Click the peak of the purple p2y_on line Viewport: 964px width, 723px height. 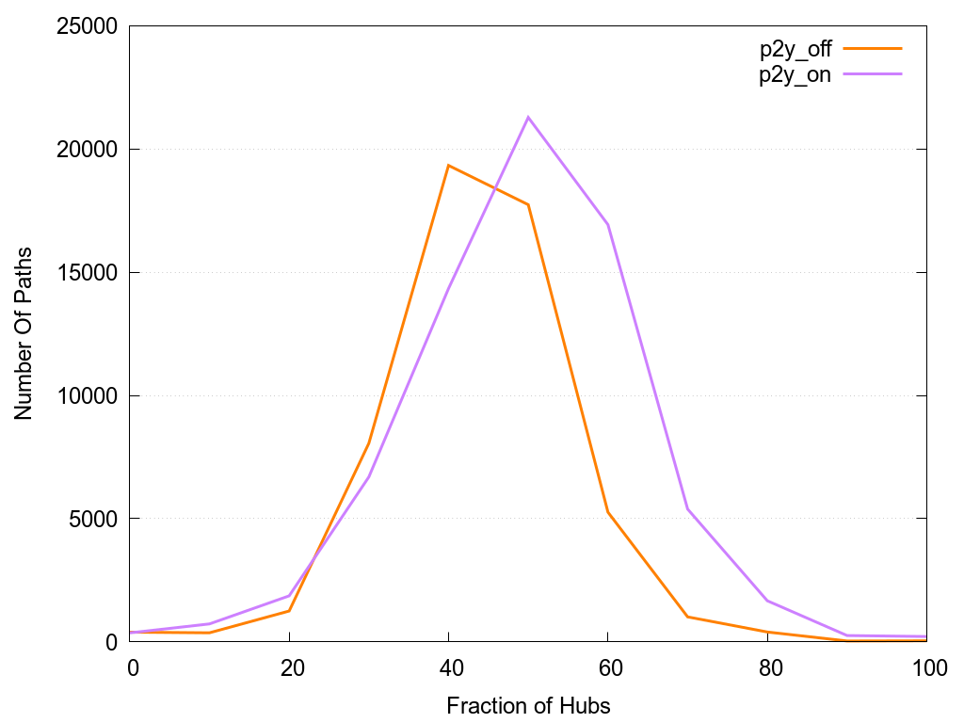[x=528, y=117]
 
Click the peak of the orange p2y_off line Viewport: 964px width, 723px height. [x=449, y=166]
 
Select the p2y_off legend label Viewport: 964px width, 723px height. [x=795, y=50]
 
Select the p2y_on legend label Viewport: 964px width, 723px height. [x=795, y=74]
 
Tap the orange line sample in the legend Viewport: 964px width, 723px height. [x=873, y=48]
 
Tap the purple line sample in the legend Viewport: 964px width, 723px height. [x=873, y=72]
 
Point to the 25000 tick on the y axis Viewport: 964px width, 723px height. [x=90, y=26]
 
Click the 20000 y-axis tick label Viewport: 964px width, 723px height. [x=90, y=150]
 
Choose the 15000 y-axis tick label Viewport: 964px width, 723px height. [x=90, y=273]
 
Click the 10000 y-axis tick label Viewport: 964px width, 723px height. [x=90, y=396]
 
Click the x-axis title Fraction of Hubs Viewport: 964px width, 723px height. [x=528, y=705]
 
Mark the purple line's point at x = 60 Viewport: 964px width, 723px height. [x=608, y=224]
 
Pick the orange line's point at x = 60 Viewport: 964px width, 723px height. [x=608, y=512]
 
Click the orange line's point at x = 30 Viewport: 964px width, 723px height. [x=369, y=443]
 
